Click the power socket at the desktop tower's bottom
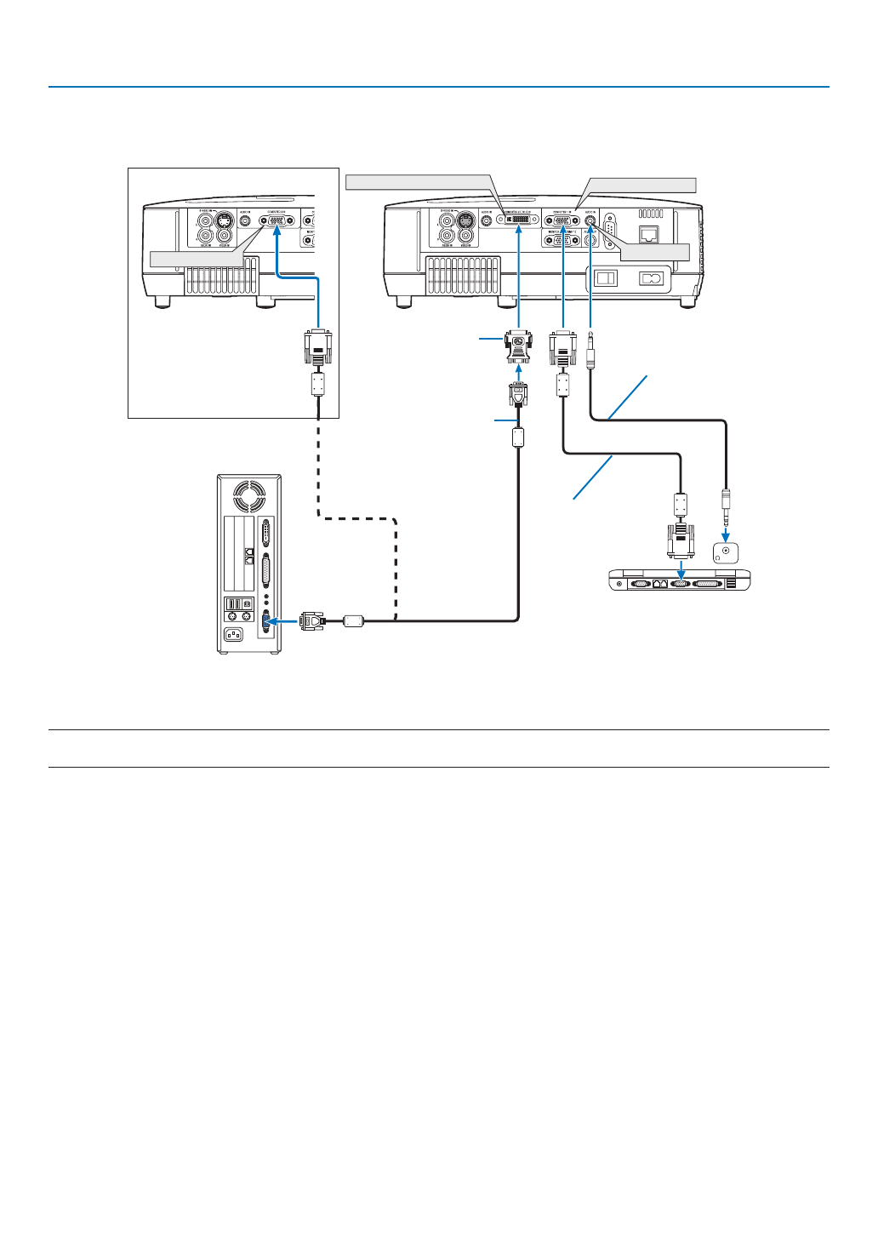[232, 634]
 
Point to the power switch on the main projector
[605, 278]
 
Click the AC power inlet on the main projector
[651, 278]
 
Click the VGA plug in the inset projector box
[317, 347]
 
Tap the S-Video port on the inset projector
[224, 220]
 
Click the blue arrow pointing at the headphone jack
[725, 534]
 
